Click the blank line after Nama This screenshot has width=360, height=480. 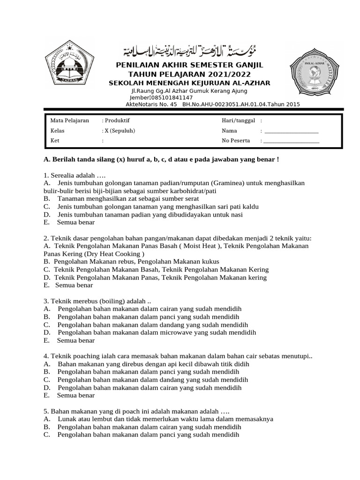(x=291, y=131)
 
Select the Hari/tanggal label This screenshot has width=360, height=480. (x=238, y=120)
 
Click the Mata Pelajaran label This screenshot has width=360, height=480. (x=69, y=120)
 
